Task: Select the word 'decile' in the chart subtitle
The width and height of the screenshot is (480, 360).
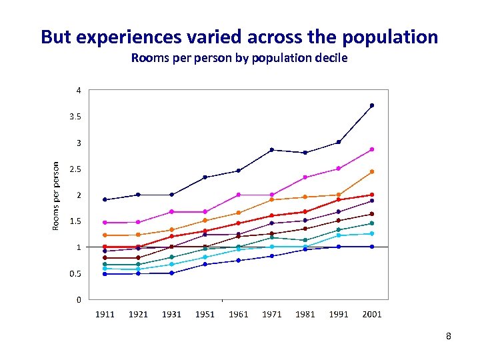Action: (330, 58)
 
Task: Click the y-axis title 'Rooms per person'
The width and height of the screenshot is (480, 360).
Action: (56, 195)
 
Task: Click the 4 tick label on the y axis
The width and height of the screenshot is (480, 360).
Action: (79, 91)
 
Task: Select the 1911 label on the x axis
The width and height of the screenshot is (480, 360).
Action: (105, 314)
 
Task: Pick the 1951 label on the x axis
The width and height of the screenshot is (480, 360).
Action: (205, 314)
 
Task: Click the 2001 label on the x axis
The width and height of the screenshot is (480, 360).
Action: (371, 314)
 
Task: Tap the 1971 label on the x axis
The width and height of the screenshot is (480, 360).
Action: (271, 314)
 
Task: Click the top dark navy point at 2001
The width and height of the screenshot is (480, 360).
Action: (372, 105)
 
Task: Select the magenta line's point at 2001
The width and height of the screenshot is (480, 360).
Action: (372, 149)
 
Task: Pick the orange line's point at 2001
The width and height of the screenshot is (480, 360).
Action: (372, 172)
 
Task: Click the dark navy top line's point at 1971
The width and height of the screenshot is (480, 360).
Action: (271, 150)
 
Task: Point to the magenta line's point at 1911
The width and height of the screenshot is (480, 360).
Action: (105, 223)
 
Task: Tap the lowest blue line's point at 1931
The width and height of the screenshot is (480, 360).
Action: (171, 273)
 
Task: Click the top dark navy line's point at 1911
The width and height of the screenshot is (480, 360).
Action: (105, 199)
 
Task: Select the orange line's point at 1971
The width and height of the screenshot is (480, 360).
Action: (271, 200)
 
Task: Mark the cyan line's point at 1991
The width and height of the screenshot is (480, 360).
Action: (339, 235)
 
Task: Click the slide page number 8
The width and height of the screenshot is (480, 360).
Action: (449, 337)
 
